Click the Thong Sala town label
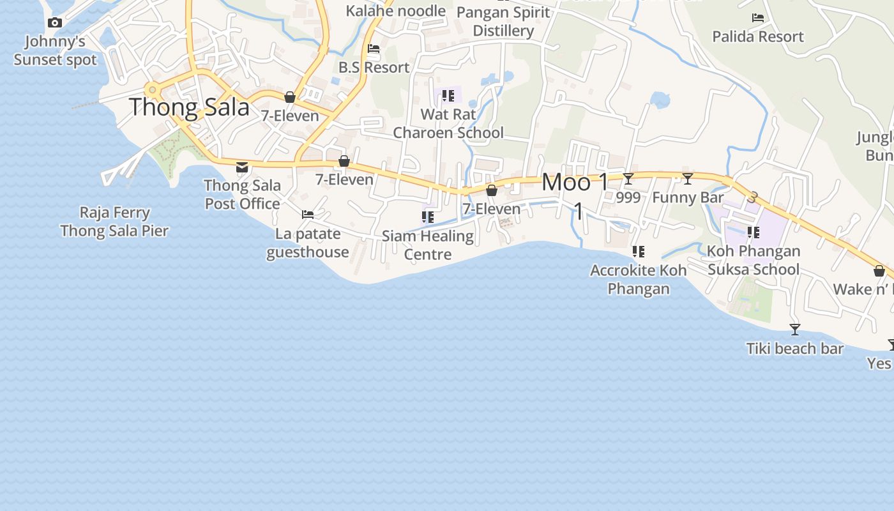(189, 107)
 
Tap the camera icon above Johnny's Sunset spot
(55, 23)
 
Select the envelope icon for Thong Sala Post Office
(242, 167)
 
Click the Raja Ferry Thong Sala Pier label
(115, 222)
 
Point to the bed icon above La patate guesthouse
(308, 215)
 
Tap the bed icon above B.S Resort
(374, 49)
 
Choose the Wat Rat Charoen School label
(448, 124)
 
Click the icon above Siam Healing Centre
(428, 217)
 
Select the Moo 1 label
(575, 183)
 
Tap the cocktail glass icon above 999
(628, 179)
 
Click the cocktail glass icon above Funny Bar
(688, 179)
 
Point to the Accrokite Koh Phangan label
(639, 279)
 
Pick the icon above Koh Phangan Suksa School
(754, 233)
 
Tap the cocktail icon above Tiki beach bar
(795, 330)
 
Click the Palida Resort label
(758, 36)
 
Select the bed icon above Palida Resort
(758, 18)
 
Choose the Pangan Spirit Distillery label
(503, 21)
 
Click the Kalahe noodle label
(396, 10)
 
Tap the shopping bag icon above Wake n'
(879, 271)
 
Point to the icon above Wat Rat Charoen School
(448, 96)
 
